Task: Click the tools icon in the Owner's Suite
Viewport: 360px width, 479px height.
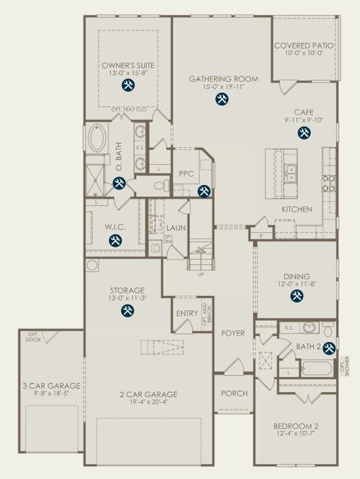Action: [x=128, y=85]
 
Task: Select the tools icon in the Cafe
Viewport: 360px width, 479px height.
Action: [x=304, y=132]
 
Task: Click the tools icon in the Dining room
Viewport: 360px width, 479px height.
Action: [x=296, y=295]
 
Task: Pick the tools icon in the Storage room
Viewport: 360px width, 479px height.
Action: [x=127, y=310]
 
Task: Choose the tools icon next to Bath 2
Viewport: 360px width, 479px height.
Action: [x=329, y=348]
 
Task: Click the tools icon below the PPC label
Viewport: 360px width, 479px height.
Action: [x=204, y=191]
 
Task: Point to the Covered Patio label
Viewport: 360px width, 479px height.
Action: [x=304, y=46]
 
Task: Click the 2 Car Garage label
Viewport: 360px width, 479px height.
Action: [x=149, y=394]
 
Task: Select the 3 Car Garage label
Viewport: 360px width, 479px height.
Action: [x=50, y=386]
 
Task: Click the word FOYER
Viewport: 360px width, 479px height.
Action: [x=233, y=333]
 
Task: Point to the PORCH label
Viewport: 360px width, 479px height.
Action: [x=234, y=394]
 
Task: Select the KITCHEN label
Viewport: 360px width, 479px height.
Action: [x=296, y=210]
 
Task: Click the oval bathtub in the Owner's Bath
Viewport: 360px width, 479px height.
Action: [x=101, y=138]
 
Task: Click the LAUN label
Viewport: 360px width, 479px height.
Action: [x=176, y=228]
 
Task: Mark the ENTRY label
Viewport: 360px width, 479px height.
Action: [x=187, y=313]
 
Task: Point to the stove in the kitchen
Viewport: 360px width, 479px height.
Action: [x=329, y=182]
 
